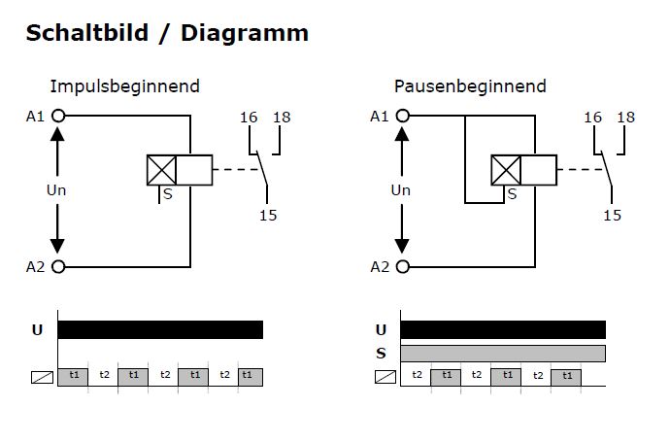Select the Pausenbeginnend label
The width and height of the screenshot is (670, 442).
tap(470, 86)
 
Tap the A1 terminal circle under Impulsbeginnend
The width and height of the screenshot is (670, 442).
tap(58, 116)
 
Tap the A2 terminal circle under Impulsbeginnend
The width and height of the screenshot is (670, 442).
tap(58, 266)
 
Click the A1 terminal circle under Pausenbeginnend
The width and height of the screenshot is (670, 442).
tap(402, 116)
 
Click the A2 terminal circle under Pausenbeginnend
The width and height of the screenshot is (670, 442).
tap(402, 266)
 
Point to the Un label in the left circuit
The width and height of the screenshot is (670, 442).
tap(57, 190)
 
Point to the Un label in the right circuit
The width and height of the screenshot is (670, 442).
tap(401, 190)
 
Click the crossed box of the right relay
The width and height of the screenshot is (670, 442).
tap(506, 170)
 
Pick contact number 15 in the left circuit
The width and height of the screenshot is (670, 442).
tap(268, 215)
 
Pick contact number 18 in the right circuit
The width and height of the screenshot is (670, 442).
tap(626, 118)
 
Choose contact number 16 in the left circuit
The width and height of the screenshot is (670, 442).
tap(249, 118)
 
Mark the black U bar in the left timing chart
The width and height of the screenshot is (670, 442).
tap(160, 329)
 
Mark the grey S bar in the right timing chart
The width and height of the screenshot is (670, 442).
tap(503, 353)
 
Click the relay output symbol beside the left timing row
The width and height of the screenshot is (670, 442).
tap(42, 375)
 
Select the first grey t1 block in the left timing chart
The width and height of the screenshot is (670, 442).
tap(73, 375)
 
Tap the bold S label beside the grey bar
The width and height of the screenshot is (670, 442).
tap(381, 353)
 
